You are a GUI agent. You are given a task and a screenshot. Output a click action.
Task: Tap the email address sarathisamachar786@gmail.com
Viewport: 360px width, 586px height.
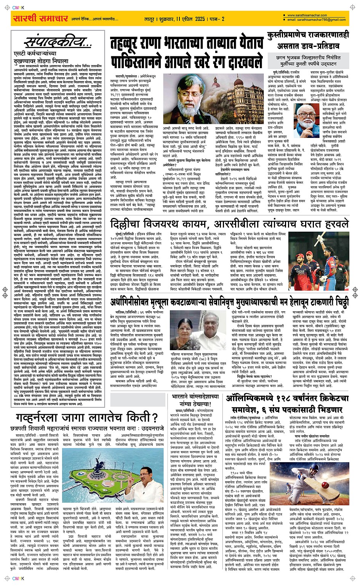(x=317, y=20)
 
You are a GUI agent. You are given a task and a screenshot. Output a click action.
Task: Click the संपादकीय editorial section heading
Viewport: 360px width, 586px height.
(x=58, y=42)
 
